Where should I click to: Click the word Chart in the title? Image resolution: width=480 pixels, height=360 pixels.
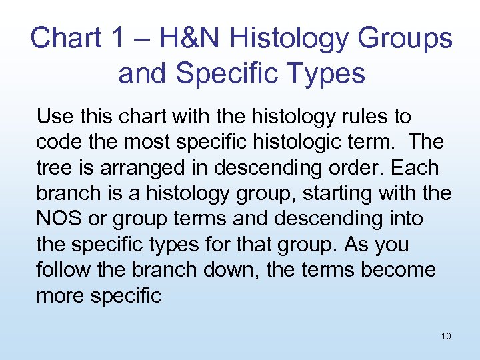coord(65,38)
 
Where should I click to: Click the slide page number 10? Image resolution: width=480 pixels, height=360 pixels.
coord(445,336)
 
